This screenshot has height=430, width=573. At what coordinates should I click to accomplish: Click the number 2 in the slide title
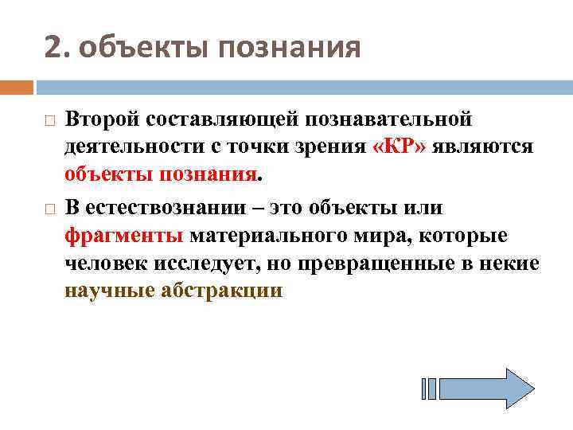point(52,48)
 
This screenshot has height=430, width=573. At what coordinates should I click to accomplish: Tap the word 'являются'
point(485,147)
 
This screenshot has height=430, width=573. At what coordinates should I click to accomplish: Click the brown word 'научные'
point(110,291)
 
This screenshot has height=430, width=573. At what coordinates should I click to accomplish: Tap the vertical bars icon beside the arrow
point(428,389)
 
